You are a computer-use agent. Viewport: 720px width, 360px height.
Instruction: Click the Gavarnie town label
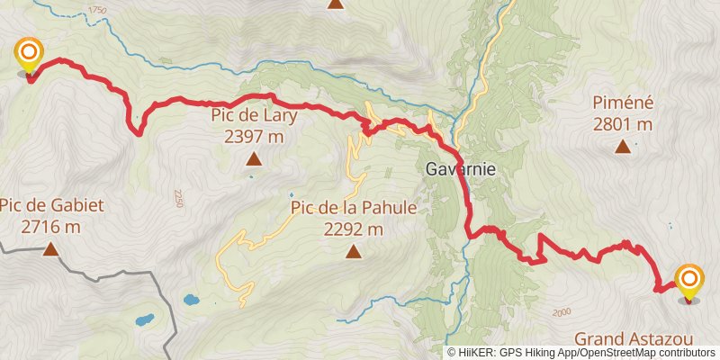461,169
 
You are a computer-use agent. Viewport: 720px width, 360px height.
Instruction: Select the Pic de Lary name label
255,115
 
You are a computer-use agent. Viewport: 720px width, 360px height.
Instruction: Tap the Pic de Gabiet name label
51,205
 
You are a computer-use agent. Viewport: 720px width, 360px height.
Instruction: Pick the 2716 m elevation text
51,227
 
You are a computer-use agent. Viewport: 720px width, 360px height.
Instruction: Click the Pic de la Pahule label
354,208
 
